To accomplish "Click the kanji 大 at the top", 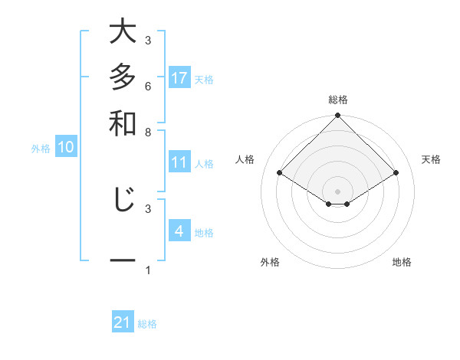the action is click(x=123, y=33).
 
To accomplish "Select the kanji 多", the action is click(x=123, y=78).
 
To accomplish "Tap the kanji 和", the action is click(x=123, y=123).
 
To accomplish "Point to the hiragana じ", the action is click(x=123, y=200).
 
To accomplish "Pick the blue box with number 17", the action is click(x=179, y=78).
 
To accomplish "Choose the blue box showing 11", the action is click(x=179, y=162).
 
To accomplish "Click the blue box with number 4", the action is click(x=179, y=231).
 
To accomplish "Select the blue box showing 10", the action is click(x=66, y=148).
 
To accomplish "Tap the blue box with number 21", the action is click(x=123, y=322).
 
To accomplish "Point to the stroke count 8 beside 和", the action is click(x=148, y=131).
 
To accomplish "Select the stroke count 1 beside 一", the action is click(x=148, y=269).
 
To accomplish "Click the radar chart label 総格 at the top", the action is click(x=338, y=100).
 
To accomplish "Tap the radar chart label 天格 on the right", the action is click(x=432, y=159).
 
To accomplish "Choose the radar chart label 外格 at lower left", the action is click(x=270, y=262).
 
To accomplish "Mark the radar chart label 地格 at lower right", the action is click(x=402, y=262).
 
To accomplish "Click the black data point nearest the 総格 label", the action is click(x=338, y=116).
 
